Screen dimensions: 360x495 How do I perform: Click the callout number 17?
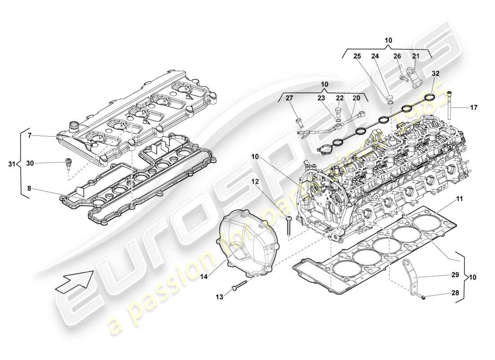[x=474, y=108]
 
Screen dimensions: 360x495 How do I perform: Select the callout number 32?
[x=436, y=72]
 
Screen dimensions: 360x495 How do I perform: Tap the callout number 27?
[x=289, y=98]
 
